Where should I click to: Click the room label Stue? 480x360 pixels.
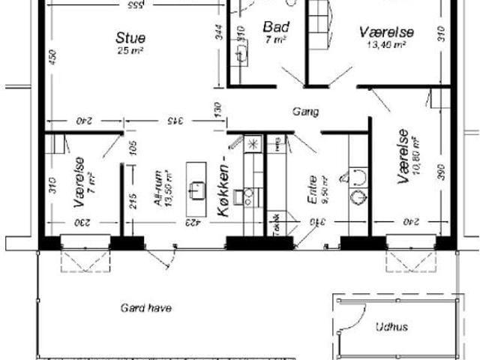click(x=130, y=37)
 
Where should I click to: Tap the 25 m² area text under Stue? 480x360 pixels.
click(x=130, y=50)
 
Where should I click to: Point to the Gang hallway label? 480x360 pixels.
click(x=306, y=112)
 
